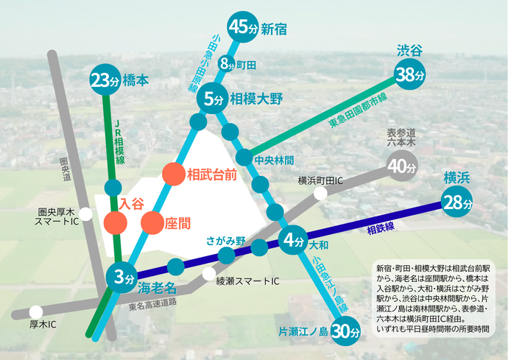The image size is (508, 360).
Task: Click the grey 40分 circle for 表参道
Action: (402, 167)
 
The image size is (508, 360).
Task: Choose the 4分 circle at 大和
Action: (294, 240)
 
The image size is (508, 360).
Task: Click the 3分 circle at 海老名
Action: (122, 278)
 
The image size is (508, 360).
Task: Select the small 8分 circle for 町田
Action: (226, 64)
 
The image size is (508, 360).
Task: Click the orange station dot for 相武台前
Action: (174, 174)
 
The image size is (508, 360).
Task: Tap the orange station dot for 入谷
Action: (115, 221)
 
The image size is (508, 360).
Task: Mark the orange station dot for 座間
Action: (152, 221)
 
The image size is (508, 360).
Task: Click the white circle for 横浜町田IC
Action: (320, 194)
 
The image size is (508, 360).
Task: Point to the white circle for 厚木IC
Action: (35, 311)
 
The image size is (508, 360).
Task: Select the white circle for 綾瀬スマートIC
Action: (208, 275)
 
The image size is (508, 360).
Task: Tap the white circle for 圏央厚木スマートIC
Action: (86, 215)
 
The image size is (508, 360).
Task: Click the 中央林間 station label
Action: (274, 159)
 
